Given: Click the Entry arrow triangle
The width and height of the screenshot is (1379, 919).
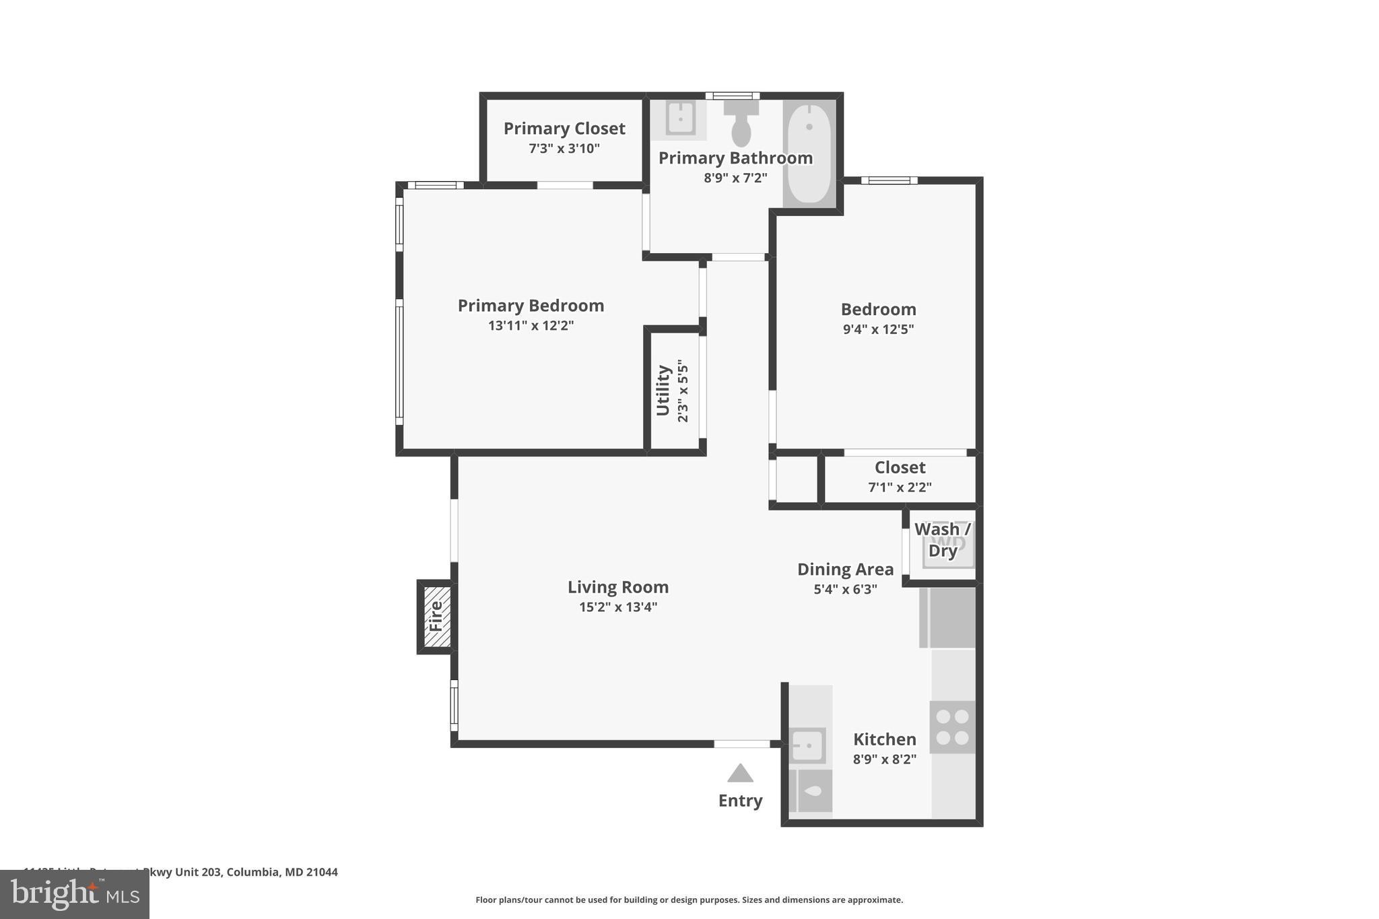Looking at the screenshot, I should [x=740, y=774].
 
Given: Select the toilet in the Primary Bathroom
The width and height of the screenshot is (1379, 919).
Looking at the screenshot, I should [x=741, y=124].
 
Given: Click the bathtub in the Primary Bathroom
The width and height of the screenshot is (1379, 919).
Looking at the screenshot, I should [x=809, y=154].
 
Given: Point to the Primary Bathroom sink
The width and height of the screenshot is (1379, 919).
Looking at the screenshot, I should [x=680, y=120].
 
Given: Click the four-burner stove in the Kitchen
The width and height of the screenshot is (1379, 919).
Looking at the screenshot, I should [x=952, y=727].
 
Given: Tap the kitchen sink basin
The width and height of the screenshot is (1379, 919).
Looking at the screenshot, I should [x=807, y=745].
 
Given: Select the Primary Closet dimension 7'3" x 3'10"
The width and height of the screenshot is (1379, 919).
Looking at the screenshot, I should [x=564, y=148].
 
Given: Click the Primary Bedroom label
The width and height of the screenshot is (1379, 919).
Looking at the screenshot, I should [x=531, y=306].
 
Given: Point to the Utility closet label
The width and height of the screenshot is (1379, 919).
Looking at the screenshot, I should [x=663, y=390].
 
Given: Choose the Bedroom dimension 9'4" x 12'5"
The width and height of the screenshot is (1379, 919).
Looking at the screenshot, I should [x=878, y=329].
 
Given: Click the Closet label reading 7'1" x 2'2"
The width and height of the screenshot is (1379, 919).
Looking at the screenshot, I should [x=900, y=467].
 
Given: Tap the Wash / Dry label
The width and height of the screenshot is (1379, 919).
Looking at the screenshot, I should [x=942, y=540].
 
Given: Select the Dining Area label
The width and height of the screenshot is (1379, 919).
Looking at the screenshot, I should [x=845, y=570].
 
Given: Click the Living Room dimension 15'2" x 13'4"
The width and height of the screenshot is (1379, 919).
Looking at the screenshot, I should [x=617, y=607].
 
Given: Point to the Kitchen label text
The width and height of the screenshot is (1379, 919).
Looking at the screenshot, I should [x=884, y=739].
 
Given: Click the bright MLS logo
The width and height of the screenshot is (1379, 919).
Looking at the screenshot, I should [x=75, y=894].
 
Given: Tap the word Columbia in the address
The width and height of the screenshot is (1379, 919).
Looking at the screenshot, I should [x=253, y=872].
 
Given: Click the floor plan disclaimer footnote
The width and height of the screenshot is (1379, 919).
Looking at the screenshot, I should [x=689, y=899].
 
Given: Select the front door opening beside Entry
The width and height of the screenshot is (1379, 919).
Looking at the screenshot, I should [x=741, y=744].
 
